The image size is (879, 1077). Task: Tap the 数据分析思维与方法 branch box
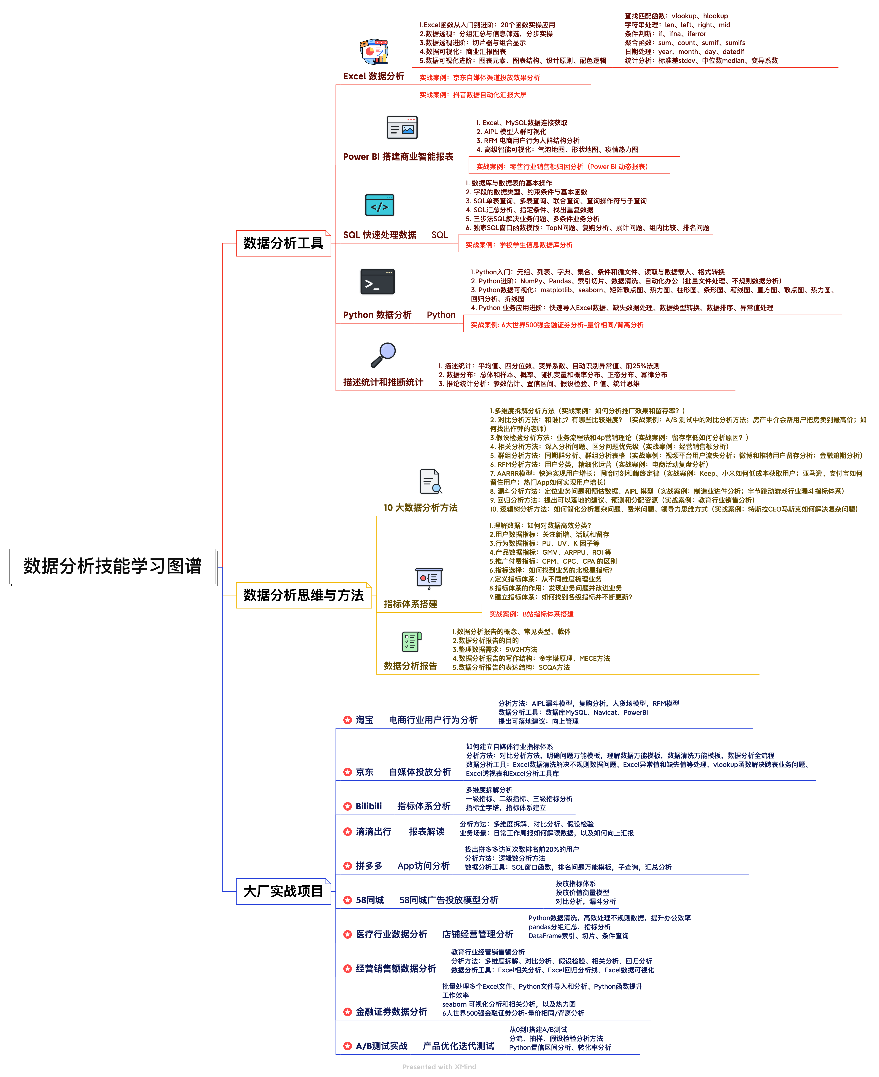pos(304,595)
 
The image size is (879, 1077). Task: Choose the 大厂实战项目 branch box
pos(284,891)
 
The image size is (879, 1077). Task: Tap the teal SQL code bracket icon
pos(380,205)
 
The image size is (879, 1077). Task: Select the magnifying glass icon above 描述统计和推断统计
pos(383,354)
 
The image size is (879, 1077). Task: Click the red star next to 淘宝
pos(348,720)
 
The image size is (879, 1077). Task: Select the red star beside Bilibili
pos(348,806)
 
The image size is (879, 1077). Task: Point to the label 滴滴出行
pos(374,831)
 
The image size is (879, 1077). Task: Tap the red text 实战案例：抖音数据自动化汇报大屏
pos(473,95)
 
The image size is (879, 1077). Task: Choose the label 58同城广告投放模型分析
pos(449,900)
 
